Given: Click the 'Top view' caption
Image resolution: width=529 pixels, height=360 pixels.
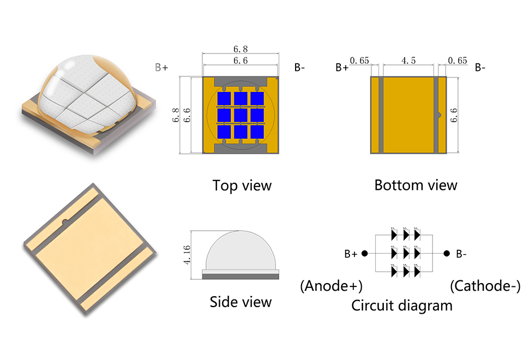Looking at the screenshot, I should tap(242, 185).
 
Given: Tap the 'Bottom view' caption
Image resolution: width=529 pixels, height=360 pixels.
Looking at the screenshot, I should tap(416, 185).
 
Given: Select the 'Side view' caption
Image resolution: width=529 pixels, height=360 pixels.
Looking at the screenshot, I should tap(241, 302).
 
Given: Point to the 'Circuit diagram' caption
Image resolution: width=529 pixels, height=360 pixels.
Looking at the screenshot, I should tap(402, 305).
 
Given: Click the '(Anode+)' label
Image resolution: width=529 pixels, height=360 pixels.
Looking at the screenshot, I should tap(332, 286).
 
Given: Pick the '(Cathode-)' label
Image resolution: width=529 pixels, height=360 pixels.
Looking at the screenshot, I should tap(485, 286).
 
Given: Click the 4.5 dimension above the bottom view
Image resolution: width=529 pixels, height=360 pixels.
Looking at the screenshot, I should tap(408, 61).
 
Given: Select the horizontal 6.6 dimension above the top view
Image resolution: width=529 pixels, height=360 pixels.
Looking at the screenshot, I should tap(241, 61).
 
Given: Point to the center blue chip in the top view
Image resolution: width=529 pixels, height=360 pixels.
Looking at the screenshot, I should tap(241, 116).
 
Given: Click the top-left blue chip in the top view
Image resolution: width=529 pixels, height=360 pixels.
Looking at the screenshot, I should tap(224, 99).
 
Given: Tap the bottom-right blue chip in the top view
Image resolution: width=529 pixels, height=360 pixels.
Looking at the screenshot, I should tap(257, 133).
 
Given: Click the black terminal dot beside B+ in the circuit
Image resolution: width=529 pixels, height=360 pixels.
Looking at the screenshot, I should tap(364, 254).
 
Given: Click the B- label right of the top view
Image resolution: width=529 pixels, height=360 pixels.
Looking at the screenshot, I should tap(299, 68).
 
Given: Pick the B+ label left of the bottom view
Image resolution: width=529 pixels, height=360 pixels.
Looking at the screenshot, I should tap(342, 68).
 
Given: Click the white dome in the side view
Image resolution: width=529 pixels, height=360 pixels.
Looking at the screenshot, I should tap(241, 251).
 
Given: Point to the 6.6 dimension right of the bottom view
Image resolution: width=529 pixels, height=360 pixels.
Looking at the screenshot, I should tap(454, 116).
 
